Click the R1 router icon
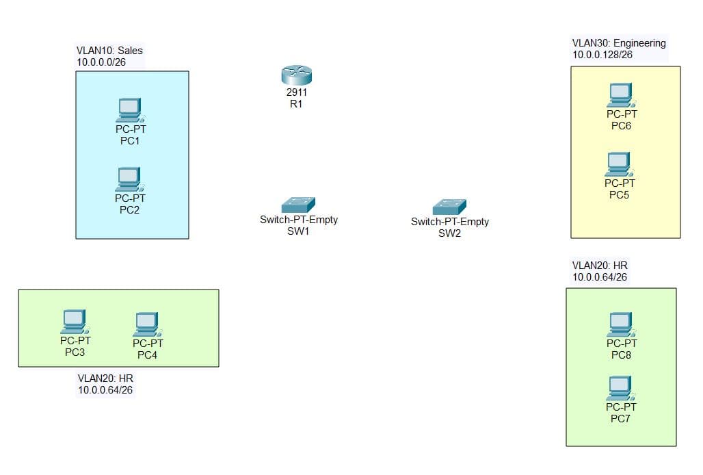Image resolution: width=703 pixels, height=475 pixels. click(296, 76)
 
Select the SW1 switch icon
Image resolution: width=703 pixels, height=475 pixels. click(298, 204)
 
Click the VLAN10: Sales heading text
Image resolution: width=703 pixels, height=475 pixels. click(110, 51)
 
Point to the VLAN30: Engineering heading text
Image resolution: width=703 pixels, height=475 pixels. click(618, 43)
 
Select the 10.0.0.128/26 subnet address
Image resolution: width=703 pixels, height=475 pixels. click(602, 55)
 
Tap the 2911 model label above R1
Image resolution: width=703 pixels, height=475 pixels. click(296, 92)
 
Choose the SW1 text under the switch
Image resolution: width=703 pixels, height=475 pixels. click(298, 231)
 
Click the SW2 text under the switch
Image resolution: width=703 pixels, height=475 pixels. click(450, 233)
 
